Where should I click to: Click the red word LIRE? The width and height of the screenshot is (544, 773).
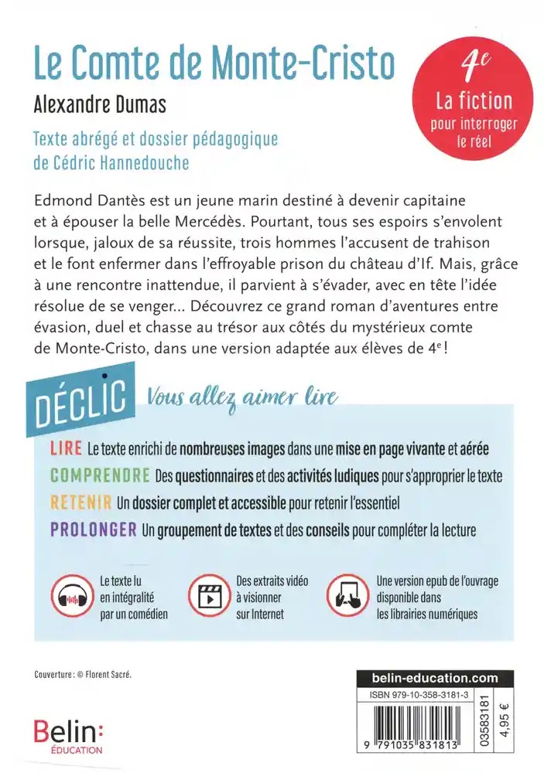click(65, 448)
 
